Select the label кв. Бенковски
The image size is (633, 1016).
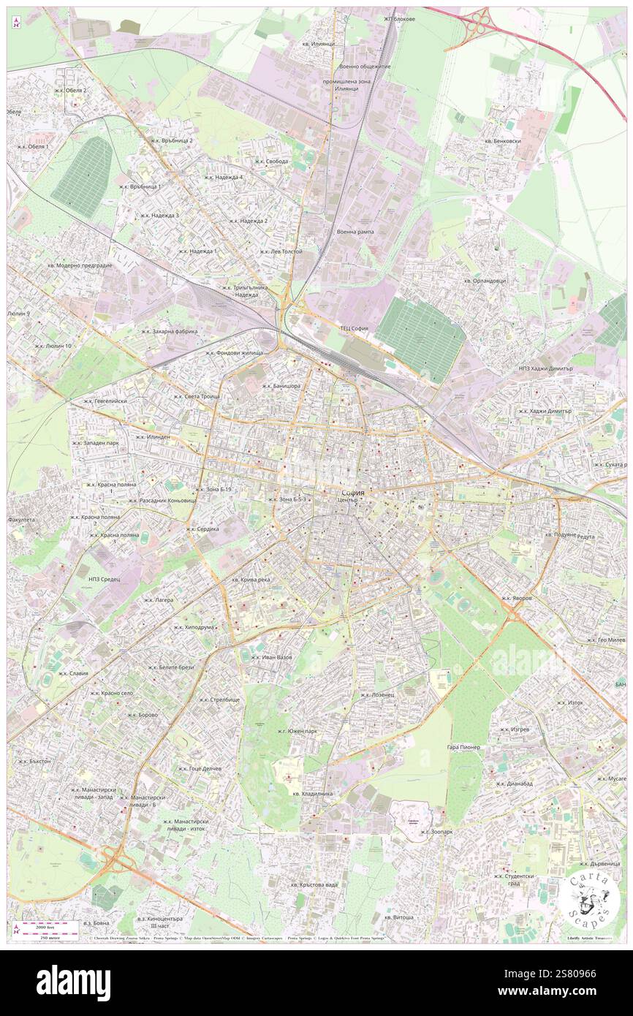(502, 140)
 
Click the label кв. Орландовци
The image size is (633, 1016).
(485, 281)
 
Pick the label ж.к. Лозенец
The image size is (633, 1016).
(377, 695)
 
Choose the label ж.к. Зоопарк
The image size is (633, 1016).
(433, 832)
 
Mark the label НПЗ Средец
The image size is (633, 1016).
(104, 579)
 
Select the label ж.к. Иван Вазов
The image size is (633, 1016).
(271, 657)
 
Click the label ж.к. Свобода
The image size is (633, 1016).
(271, 162)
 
